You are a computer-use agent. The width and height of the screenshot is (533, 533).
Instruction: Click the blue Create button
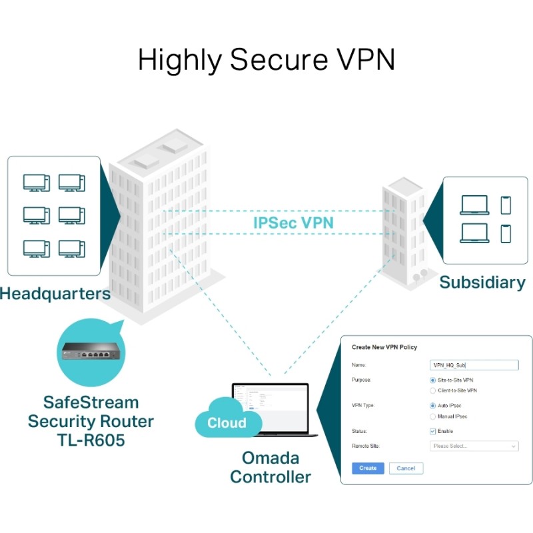pyautogui.click(x=368, y=468)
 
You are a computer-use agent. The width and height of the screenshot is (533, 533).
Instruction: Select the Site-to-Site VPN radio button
pyautogui.click(x=433, y=380)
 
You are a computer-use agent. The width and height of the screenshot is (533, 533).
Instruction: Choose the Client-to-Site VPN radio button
pyautogui.click(x=433, y=390)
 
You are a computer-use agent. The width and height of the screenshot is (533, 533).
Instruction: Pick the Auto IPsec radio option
pyautogui.click(x=433, y=406)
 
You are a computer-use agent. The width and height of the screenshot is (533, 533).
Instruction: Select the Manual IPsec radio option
pyautogui.click(x=433, y=416)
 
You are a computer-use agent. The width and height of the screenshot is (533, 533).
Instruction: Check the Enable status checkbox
pyautogui.click(x=433, y=431)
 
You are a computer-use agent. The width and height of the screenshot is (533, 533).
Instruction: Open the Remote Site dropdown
pyautogui.click(x=474, y=446)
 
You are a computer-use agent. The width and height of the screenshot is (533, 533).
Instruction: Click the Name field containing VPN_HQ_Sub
pyautogui.click(x=474, y=365)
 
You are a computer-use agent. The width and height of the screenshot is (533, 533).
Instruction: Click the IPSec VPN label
pyautogui.click(x=293, y=223)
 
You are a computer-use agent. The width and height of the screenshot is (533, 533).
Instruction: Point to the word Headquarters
pyautogui.click(x=55, y=293)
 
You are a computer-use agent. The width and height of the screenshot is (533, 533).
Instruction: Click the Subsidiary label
pyautogui.click(x=482, y=282)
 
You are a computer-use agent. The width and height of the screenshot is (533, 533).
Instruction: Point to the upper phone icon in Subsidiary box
pyautogui.click(x=505, y=205)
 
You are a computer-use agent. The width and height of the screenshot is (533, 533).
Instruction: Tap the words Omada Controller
pyautogui.click(x=270, y=468)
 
